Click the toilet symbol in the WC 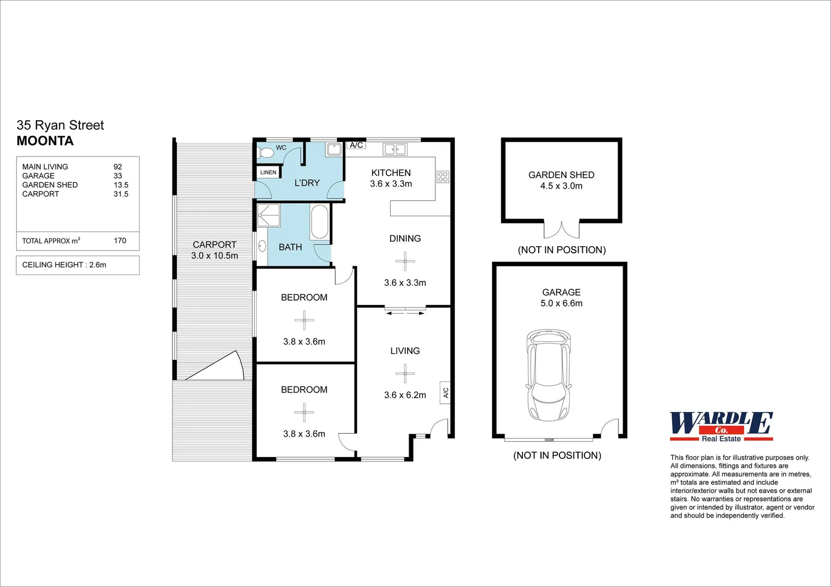[266, 153]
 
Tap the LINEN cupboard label [268, 172]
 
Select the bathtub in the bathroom [319, 222]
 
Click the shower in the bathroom [269, 215]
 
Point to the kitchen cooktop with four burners [443, 176]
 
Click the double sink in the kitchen [395, 149]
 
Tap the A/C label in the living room [446, 392]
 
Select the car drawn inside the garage [549, 375]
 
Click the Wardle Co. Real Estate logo [721, 427]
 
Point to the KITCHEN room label [391, 173]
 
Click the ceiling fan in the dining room [405, 261]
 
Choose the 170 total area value [120, 240]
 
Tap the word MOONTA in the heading [45, 141]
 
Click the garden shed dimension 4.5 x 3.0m [561, 186]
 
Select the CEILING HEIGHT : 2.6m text [64, 265]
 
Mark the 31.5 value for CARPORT [121, 194]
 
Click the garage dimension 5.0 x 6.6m [561, 303]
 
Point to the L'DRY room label [307, 183]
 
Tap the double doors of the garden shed [562, 230]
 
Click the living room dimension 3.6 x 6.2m [405, 395]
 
